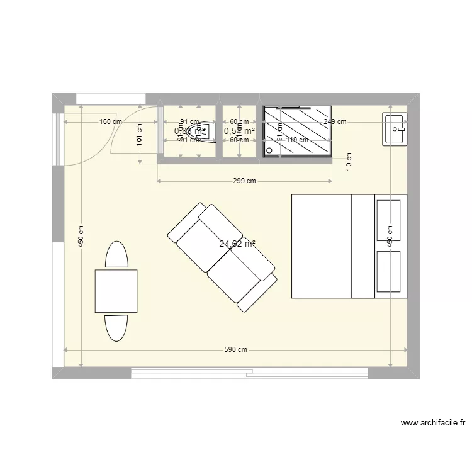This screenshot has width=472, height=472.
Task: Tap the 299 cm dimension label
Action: coord(244,181)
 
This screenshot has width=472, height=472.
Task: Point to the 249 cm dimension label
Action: coord(334,122)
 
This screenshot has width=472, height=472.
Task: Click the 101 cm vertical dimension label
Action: coord(139,135)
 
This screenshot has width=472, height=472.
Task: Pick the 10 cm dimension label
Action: coord(349,162)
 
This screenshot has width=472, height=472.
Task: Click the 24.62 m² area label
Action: coord(237,245)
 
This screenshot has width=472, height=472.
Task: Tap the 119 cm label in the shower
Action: coord(296,140)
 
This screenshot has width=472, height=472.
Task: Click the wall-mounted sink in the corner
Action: coord(395,129)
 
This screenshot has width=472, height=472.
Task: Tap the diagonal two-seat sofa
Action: coord(222,256)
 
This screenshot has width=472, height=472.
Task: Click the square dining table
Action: coord(116,290)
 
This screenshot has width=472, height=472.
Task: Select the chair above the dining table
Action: coord(117,255)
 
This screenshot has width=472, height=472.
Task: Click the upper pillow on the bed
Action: coord(388,220)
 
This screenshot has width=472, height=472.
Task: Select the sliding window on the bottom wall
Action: coord(249,373)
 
